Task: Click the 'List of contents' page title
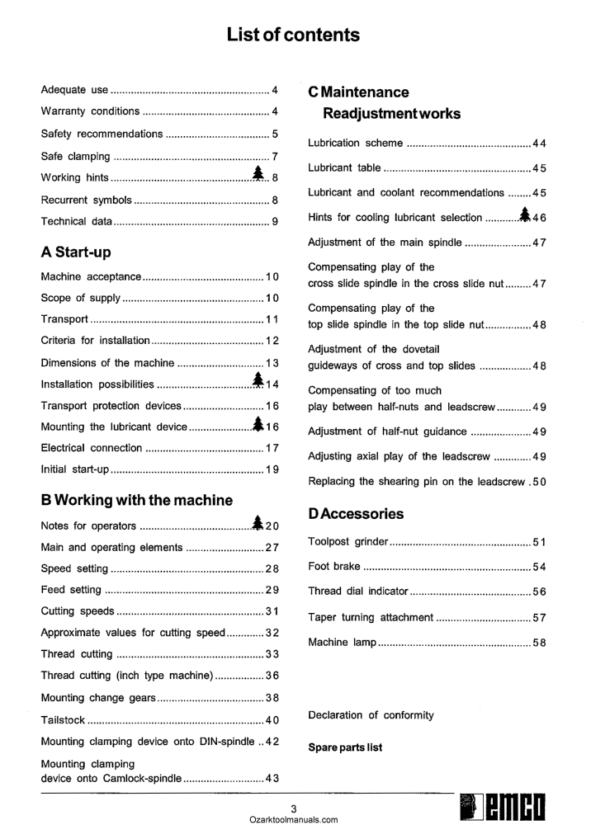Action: pos(294,35)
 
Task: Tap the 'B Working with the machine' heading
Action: pos(136,500)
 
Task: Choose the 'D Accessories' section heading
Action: pos(356,514)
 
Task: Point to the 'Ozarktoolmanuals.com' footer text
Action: pos(294,820)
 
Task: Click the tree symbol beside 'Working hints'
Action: pos(258,175)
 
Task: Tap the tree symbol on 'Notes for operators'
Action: pos(258,524)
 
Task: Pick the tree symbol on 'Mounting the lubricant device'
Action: pos(258,424)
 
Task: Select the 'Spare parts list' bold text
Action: pos(345,748)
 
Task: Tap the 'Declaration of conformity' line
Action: pos(371,715)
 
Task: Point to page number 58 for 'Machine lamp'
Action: pos(539,642)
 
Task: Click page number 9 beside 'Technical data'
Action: pos(275,221)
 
